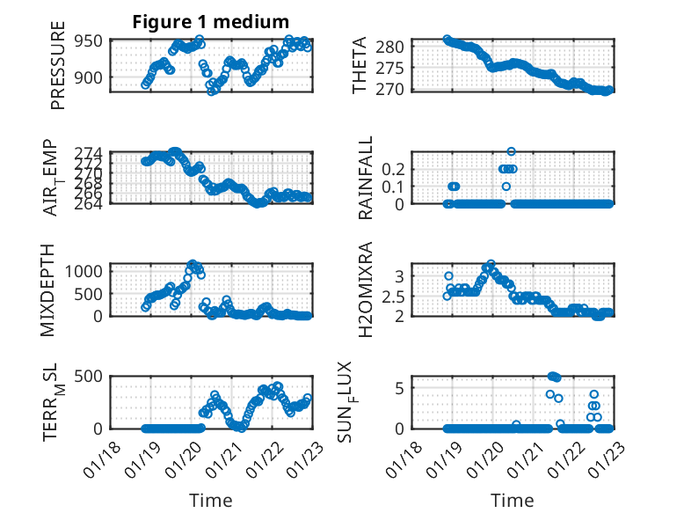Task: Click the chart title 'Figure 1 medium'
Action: (211, 21)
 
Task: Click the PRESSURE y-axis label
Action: (58, 70)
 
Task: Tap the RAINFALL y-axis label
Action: (365, 178)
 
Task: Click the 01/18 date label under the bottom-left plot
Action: (107, 454)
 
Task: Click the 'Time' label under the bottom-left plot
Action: (211, 501)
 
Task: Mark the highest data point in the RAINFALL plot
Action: (511, 151)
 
